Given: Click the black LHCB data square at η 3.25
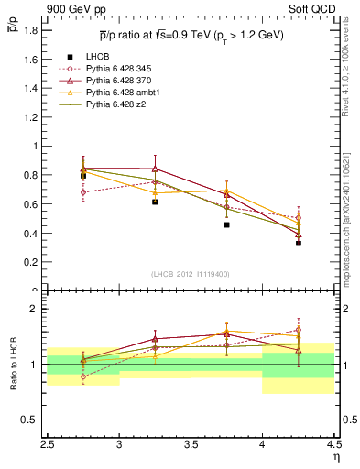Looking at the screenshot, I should (x=155, y=202).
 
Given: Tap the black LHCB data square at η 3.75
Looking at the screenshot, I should (x=226, y=224).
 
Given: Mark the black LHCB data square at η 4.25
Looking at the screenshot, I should (x=299, y=244).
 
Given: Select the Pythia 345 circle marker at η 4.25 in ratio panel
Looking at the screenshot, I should (x=299, y=330).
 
